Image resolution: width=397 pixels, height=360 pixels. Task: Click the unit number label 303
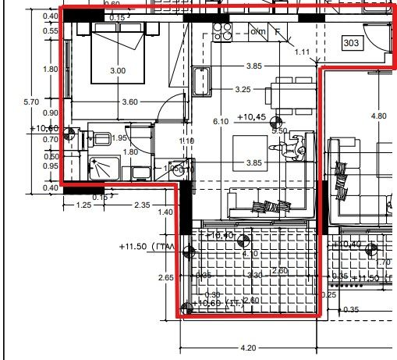point(351,44)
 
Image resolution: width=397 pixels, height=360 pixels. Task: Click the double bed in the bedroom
point(117,53)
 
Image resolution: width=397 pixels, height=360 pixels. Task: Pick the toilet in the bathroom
point(100,139)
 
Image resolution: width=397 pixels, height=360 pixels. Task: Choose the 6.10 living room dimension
point(220,122)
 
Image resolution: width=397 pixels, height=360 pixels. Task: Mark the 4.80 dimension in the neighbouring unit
point(378,116)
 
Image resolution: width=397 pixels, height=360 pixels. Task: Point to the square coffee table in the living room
point(251,148)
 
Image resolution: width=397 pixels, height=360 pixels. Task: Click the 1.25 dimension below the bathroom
point(84,205)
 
